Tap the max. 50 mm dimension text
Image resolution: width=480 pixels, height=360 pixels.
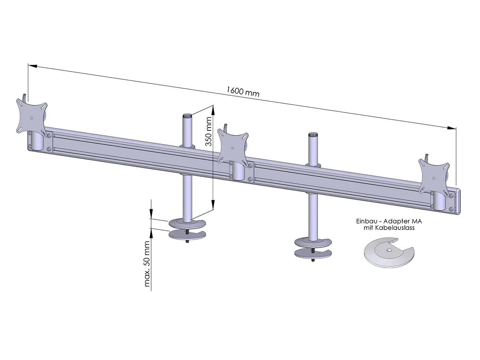[147, 264]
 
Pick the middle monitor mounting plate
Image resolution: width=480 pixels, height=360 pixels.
[232, 146]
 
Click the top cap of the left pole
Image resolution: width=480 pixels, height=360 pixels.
[187, 116]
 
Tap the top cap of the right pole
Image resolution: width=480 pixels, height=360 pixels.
[312, 134]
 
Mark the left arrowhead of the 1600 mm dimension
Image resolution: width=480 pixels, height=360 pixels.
[32, 66]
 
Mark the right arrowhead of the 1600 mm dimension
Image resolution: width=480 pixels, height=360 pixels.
[452, 128]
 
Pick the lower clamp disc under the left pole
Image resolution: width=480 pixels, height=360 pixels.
[187, 235]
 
